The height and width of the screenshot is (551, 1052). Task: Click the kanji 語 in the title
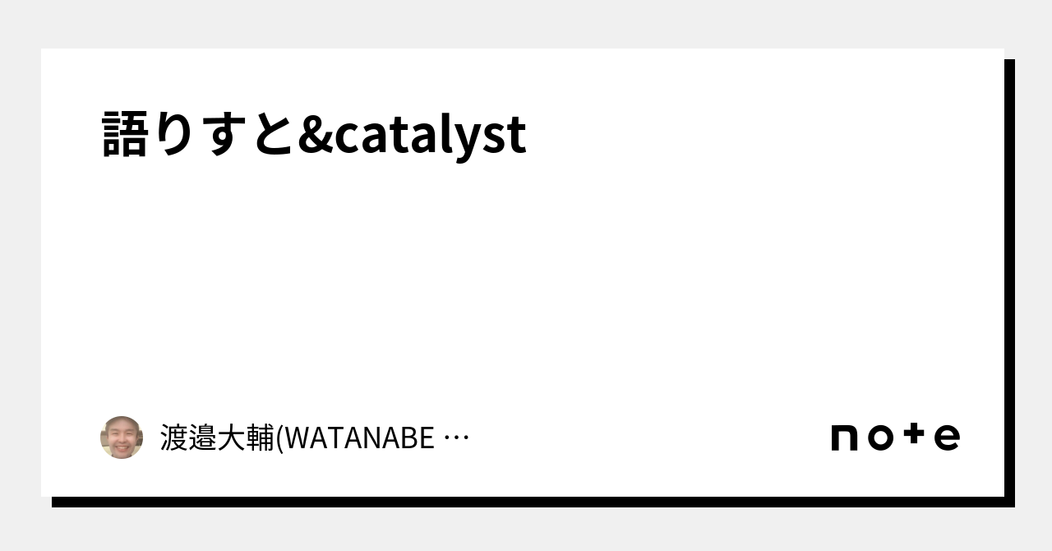[126, 134]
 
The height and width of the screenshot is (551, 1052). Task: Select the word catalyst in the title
[430, 136]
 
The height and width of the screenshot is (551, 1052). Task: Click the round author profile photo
[122, 438]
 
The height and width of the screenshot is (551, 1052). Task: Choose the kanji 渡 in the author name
[174, 438]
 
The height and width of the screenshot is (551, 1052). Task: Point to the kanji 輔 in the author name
[261, 438]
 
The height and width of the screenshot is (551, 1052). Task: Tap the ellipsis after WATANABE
[456, 438]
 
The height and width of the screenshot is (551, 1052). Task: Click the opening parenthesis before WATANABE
[279, 438]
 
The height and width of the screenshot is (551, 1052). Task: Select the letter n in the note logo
[846, 438]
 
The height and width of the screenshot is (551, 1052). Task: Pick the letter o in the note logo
[880, 438]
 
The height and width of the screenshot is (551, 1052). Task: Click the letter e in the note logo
[947, 438]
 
